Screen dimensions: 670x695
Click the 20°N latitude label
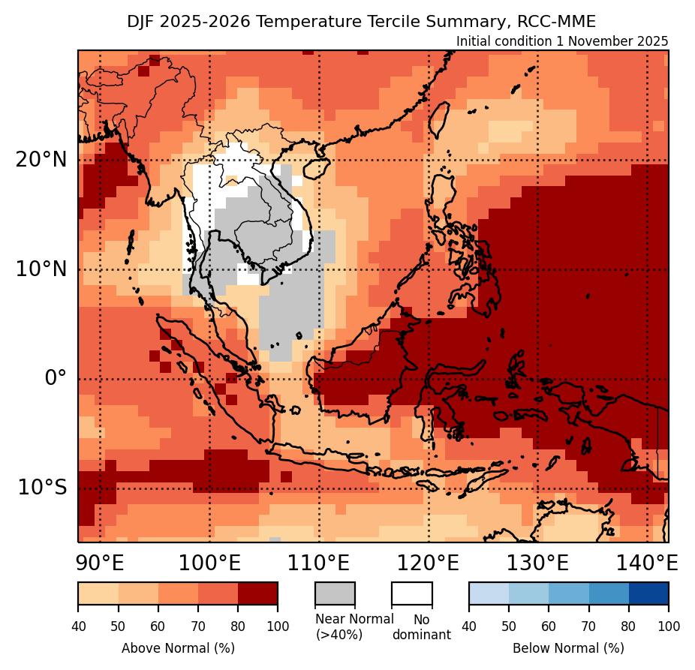(x=41, y=160)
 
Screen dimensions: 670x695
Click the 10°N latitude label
(x=41, y=269)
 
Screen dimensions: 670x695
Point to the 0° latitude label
(x=56, y=378)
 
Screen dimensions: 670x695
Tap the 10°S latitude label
(x=42, y=488)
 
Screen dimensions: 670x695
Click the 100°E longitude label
(x=209, y=563)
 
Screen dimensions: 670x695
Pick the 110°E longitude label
(x=318, y=563)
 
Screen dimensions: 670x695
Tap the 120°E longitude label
(x=428, y=563)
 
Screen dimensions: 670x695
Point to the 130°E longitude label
(x=537, y=563)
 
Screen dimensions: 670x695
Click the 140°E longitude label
(x=646, y=563)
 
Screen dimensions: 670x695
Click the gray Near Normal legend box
(x=335, y=593)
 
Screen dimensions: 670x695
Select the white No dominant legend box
(x=412, y=593)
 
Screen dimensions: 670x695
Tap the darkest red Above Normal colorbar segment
(x=257, y=593)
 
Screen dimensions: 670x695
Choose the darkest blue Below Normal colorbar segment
(x=648, y=593)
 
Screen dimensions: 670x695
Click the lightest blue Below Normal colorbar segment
(x=489, y=593)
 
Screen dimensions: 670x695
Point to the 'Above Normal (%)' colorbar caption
(x=178, y=647)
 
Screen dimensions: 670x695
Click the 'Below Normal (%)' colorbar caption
(x=568, y=647)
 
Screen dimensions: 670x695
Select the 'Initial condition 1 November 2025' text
(x=562, y=41)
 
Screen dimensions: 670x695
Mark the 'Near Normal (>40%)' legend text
(x=354, y=626)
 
